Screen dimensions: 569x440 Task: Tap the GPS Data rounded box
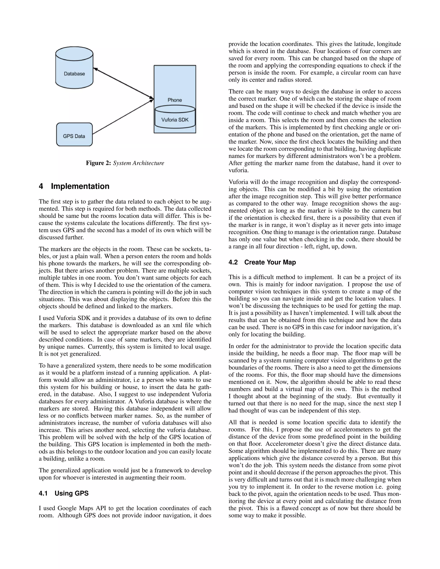74,135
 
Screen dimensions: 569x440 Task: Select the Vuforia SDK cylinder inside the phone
175,117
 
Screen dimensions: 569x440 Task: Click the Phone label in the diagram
175,100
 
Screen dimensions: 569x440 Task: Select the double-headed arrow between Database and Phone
123,84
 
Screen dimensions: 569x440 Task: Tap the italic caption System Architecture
138,163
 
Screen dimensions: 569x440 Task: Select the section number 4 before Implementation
41,186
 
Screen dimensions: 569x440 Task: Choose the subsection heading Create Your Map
270,262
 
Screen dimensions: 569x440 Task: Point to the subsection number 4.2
233,262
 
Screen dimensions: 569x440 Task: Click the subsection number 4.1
43,493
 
